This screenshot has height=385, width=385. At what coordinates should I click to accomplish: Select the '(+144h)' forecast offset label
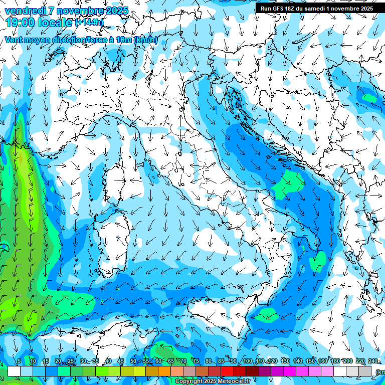[89, 23]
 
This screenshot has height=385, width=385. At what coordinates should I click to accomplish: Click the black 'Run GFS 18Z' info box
[315, 8]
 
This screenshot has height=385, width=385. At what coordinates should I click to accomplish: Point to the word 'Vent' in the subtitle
[14, 40]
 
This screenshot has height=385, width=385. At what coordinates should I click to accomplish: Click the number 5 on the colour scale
[19, 361]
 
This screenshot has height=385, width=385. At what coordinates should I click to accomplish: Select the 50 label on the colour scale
[133, 361]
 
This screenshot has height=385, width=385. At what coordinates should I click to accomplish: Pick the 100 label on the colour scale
[247, 361]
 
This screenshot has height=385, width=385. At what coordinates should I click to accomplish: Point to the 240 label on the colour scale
[373, 361]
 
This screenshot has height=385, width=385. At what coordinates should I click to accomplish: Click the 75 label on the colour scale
[196, 361]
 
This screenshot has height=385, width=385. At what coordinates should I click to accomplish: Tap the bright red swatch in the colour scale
[227, 371]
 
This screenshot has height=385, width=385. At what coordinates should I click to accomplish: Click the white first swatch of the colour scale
[14, 371]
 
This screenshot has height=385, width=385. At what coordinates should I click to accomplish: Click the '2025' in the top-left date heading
[117, 11]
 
